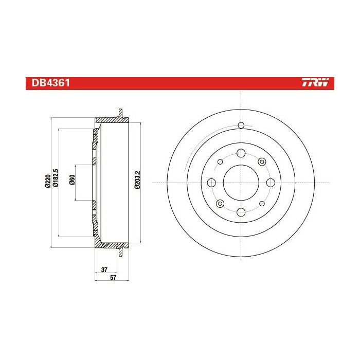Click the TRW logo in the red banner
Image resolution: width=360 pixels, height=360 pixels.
[318, 83]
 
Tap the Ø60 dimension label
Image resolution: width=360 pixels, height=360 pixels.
[73, 181]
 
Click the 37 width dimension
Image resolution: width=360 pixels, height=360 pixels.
[104, 269]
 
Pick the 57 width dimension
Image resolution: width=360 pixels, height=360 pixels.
[113, 278]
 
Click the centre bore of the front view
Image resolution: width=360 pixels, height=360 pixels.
[241, 182]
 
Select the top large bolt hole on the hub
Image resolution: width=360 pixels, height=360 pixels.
[241, 153]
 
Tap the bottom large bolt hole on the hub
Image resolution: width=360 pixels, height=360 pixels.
[241, 211]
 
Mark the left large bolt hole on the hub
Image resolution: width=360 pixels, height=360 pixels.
[211, 182]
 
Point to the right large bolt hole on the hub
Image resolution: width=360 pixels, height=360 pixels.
[271, 182]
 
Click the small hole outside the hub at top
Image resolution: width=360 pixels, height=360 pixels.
[241, 125]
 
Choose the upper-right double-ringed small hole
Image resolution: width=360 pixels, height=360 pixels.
[262, 162]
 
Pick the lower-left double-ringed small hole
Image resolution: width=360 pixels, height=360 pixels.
[220, 203]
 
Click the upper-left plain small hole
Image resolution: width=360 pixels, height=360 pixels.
[220, 161]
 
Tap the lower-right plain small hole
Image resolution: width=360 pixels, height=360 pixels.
[262, 203]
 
